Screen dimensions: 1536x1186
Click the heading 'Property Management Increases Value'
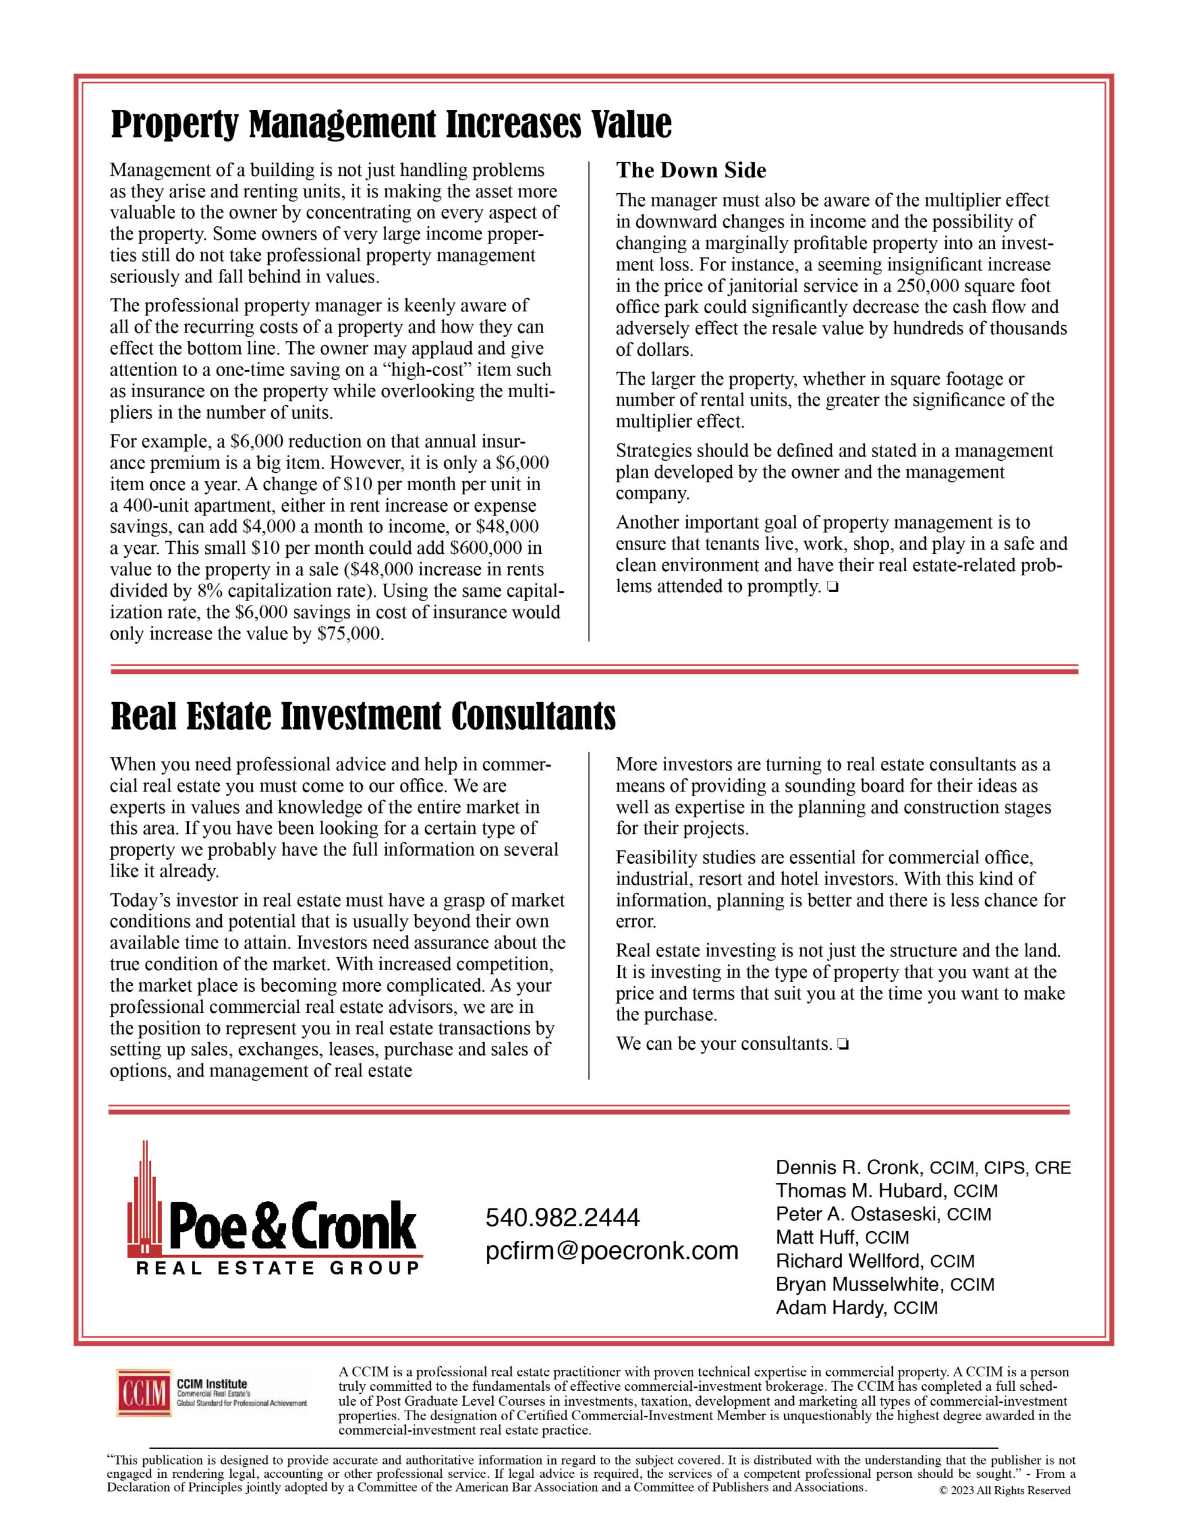point(391,124)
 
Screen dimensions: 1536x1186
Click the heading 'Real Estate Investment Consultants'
point(363,716)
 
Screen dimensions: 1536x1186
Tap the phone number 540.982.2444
point(562,1217)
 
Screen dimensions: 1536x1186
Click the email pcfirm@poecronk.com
point(612,1250)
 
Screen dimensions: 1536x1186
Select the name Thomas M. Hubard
point(859,1190)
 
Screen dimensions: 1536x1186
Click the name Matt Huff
point(815,1237)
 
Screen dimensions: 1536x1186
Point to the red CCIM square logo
point(144,1393)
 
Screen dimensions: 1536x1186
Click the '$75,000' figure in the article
point(350,634)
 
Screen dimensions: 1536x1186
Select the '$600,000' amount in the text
point(486,548)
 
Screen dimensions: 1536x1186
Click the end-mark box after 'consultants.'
point(843,1045)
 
